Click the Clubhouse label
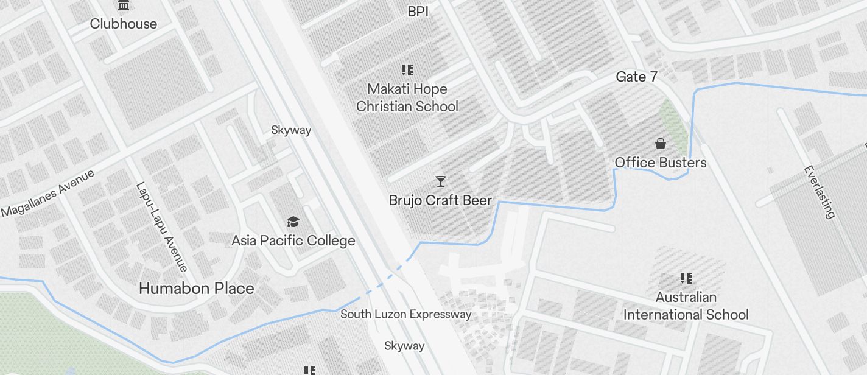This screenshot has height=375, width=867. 124,24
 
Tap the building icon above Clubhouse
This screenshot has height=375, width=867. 124,5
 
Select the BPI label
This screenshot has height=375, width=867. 418,11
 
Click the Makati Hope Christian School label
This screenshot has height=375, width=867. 407,97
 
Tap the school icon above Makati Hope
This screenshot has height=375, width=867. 407,71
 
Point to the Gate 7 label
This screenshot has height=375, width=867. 637,77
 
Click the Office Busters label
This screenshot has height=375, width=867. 661,163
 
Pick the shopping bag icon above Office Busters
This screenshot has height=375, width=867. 661,144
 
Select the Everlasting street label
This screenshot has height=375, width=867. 819,192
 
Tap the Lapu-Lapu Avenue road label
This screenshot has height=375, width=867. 161,226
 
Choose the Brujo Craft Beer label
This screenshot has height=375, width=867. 440,200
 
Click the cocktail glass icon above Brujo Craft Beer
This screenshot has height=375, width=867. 440,181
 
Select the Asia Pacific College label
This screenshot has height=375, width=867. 293,240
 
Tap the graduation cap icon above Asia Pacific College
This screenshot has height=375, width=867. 293,221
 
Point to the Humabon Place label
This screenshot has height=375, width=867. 196,288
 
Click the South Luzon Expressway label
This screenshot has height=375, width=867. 405,314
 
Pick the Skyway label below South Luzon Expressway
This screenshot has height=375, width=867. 404,346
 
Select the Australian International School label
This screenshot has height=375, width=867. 686,306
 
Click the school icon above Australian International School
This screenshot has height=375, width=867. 686,278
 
